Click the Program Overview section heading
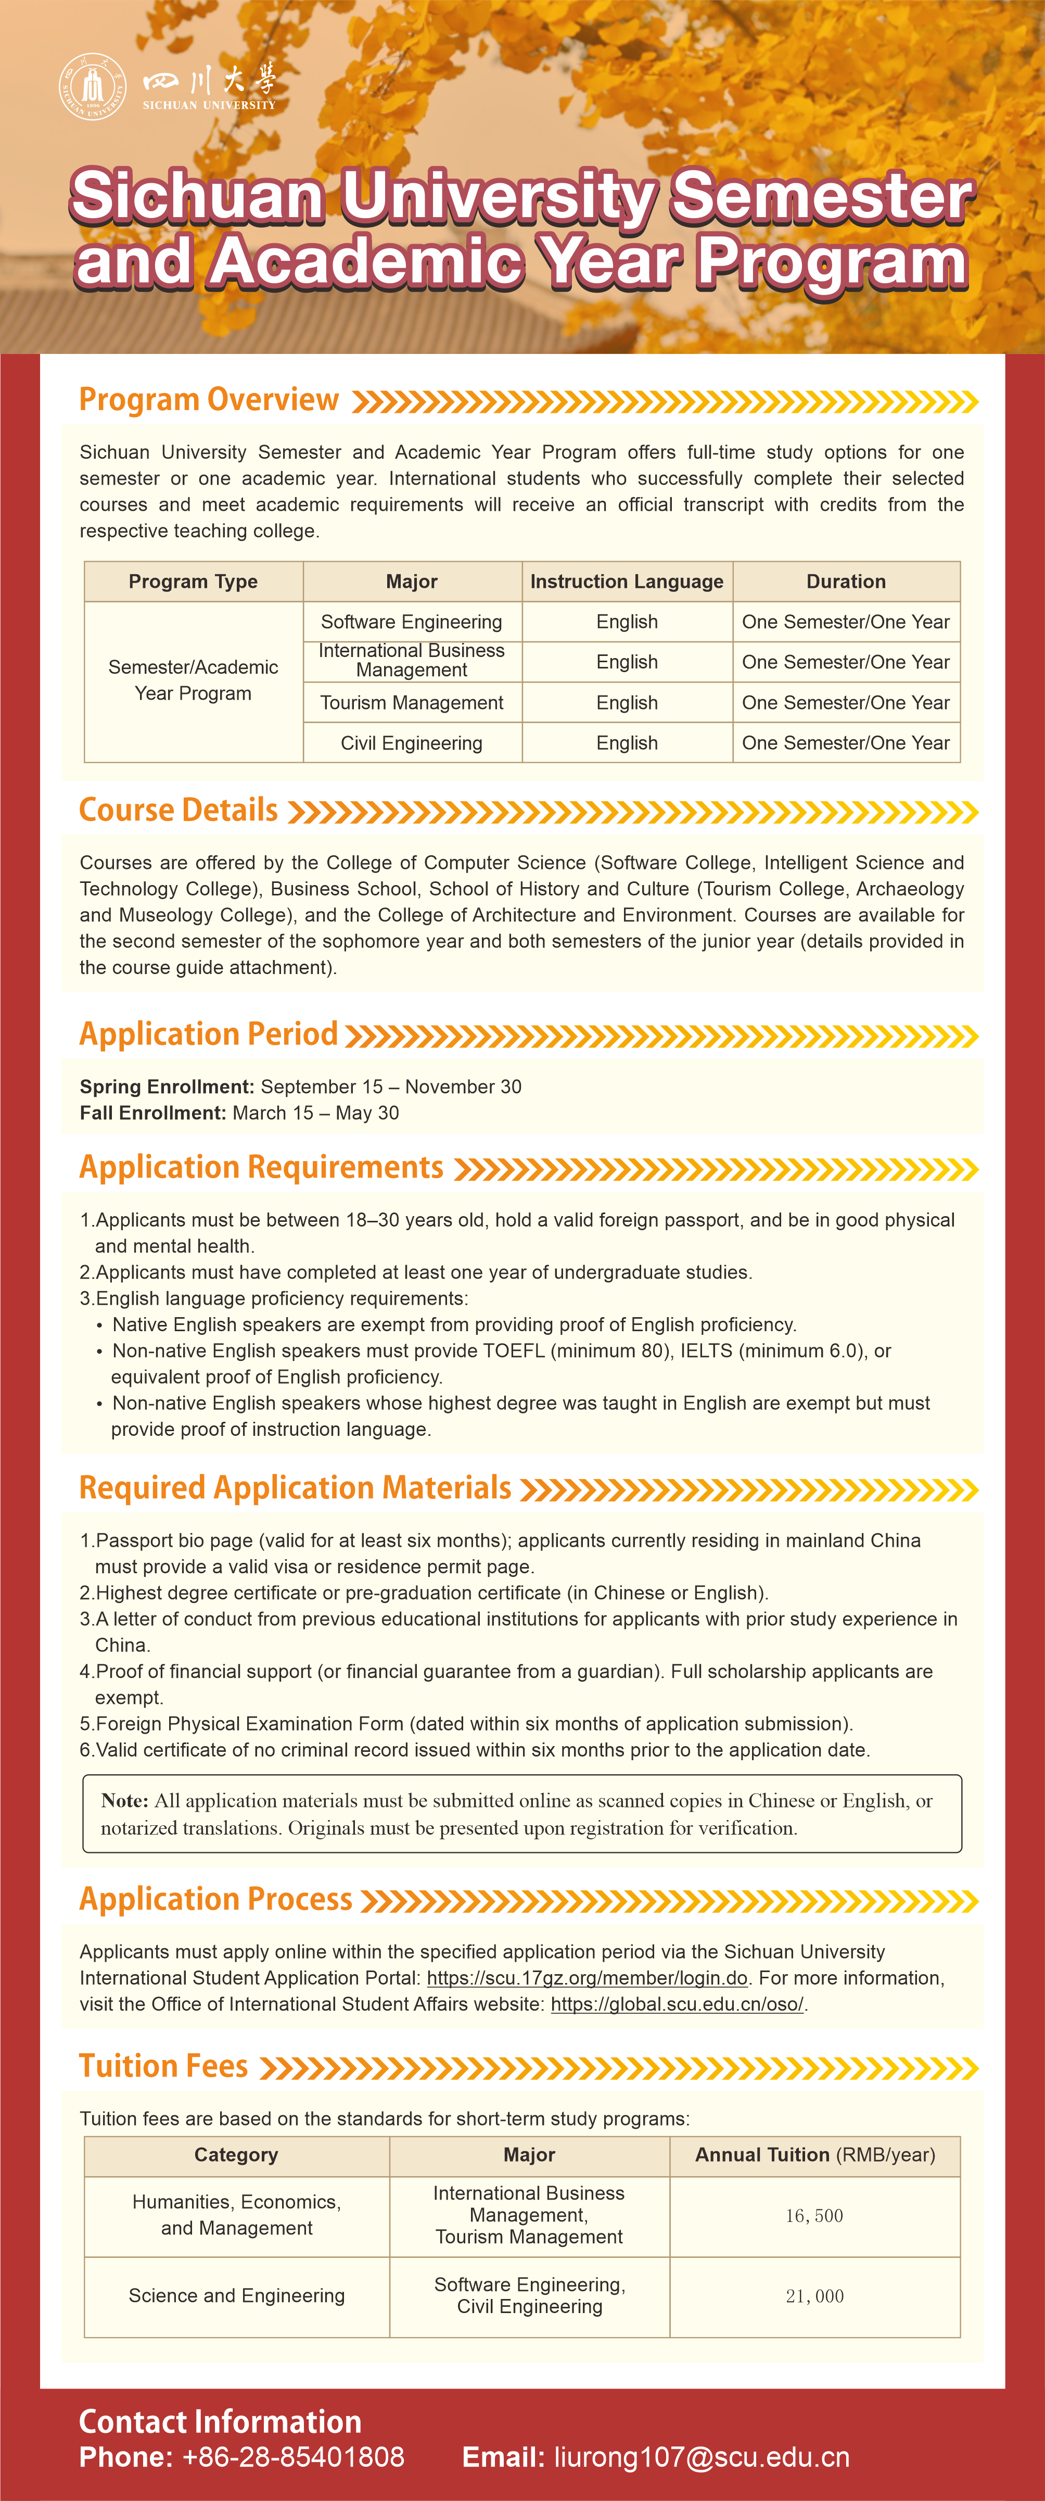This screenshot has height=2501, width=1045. [209, 400]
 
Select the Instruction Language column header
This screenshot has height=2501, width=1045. [627, 582]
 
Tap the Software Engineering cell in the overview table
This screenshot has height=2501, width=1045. [412, 622]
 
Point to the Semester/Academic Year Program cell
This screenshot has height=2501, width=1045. [193, 679]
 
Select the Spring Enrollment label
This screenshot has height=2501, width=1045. [167, 1087]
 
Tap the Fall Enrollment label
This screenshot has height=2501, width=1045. [152, 1113]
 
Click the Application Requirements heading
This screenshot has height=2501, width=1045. [261, 1167]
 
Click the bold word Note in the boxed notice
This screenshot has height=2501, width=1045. [124, 1801]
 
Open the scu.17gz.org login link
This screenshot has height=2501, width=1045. [587, 1978]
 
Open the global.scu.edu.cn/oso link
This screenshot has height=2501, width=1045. [677, 2004]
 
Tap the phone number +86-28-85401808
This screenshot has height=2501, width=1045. [293, 2457]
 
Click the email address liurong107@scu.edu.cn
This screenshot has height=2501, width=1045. [702, 2457]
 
